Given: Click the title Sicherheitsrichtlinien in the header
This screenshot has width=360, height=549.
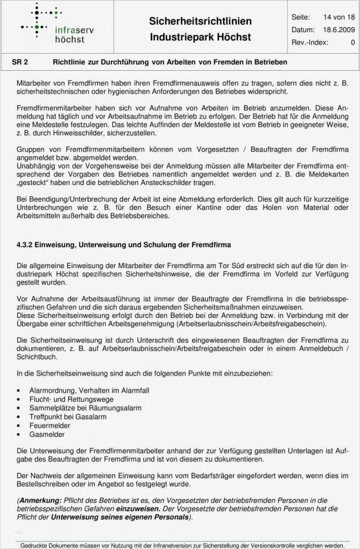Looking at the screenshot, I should click(200, 21).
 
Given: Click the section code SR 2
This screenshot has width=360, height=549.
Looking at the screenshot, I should click(20, 62).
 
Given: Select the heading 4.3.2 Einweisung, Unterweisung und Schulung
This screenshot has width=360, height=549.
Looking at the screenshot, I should click(123, 244).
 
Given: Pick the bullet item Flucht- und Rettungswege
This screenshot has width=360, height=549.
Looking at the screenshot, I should click(71, 399).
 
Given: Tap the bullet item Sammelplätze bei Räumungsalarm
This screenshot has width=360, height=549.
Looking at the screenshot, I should click(85, 408).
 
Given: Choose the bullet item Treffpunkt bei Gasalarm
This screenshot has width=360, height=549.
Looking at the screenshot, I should click(68, 417).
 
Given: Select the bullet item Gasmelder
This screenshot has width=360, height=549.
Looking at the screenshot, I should click(47, 434).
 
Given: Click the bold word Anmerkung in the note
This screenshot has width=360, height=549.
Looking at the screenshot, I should click(39, 500).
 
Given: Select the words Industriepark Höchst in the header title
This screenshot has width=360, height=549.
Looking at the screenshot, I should click(200, 38).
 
